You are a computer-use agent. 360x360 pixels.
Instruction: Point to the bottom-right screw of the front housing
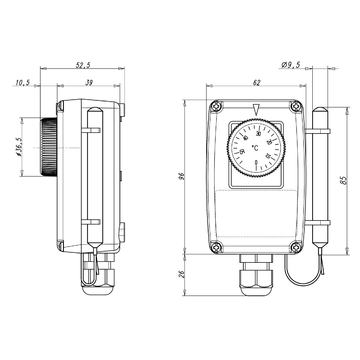click(x=293, y=244)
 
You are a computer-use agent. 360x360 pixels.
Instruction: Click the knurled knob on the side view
click(x=48, y=152)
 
